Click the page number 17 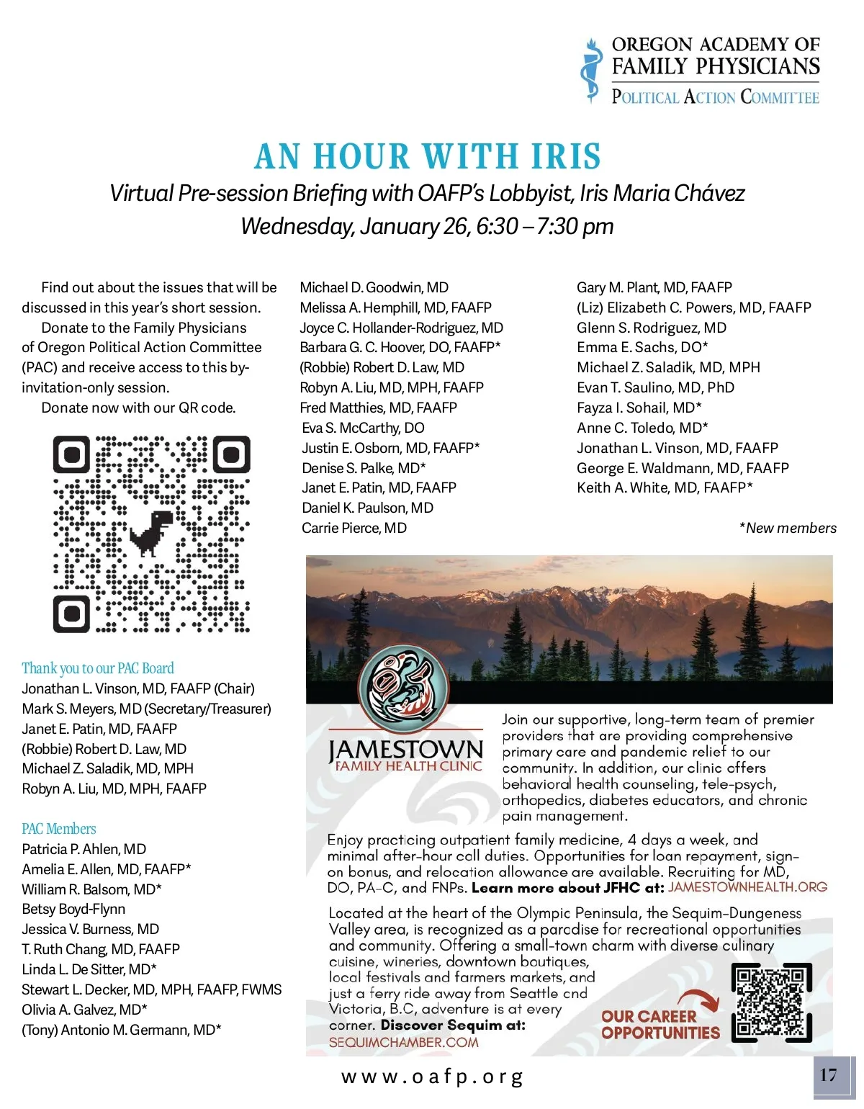click(829, 1075)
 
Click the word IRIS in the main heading click(566, 157)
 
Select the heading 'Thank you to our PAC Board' click(98, 668)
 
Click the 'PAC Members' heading click(59, 829)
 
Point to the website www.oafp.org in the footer click(432, 1077)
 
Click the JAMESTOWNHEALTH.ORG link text click(747, 887)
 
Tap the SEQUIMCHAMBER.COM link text click(403, 1042)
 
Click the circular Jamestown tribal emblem click(404, 689)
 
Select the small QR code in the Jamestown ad click(771, 1002)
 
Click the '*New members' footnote click(787, 528)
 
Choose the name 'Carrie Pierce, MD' click(354, 528)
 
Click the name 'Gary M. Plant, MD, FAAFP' click(654, 287)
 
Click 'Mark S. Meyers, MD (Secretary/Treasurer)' click(146, 709)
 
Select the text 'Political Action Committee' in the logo click(715, 97)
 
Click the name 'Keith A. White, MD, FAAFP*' click(665, 488)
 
